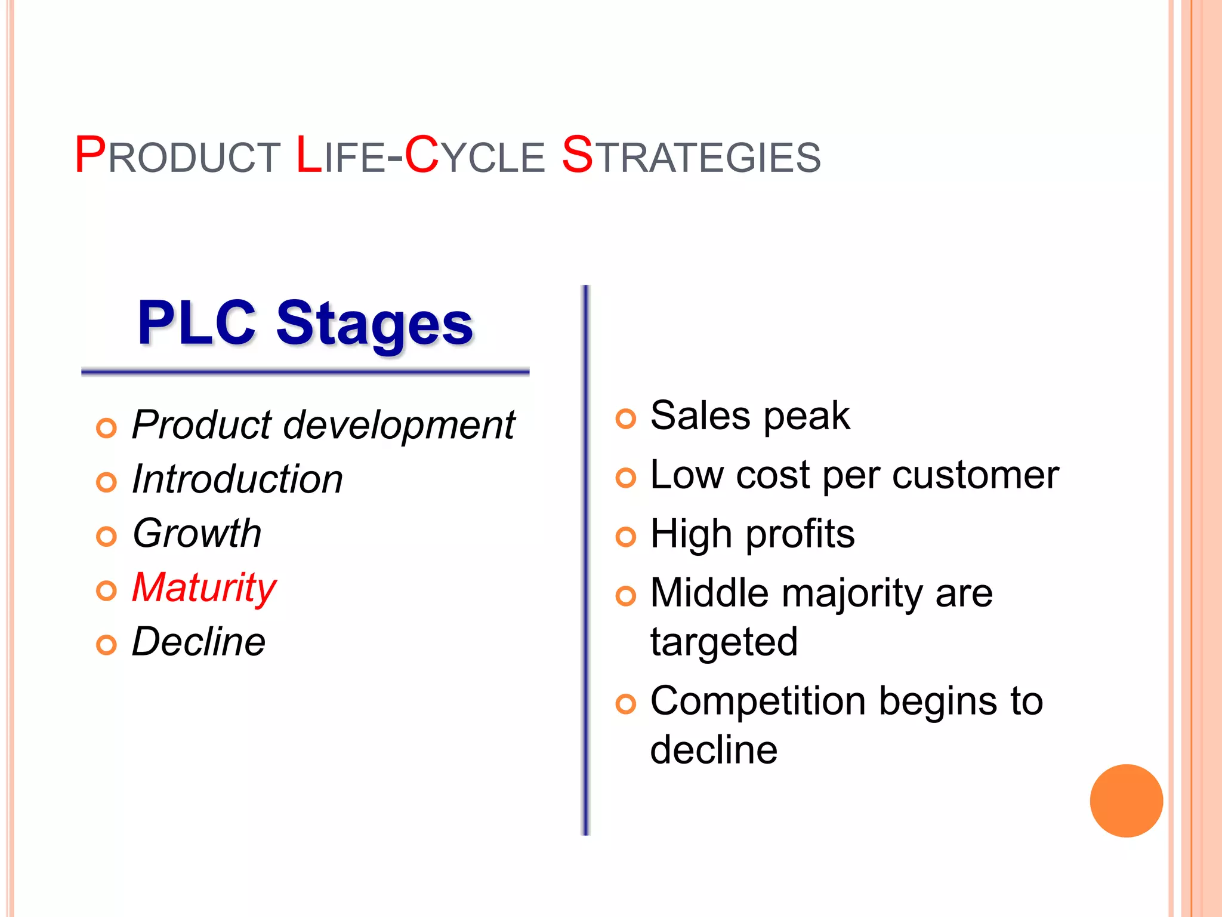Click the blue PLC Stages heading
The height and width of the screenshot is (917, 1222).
tap(305, 324)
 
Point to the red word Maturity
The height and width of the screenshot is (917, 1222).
tap(204, 587)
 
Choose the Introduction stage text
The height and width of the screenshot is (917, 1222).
tap(237, 479)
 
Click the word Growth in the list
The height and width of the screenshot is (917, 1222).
tap(197, 533)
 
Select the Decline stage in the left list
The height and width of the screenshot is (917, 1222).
tap(198, 642)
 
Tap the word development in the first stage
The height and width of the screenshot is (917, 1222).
tap(399, 425)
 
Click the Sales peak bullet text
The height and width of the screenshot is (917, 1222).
tap(749, 416)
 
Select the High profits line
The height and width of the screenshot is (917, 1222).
tap(752, 534)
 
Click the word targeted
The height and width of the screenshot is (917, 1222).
tap(724, 642)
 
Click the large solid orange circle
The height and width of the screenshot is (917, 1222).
tap(1126, 801)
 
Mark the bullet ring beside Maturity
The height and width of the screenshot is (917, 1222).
tap(106, 591)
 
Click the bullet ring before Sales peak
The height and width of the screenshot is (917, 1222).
tap(625, 419)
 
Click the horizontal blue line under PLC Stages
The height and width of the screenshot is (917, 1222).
tap(305, 373)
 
